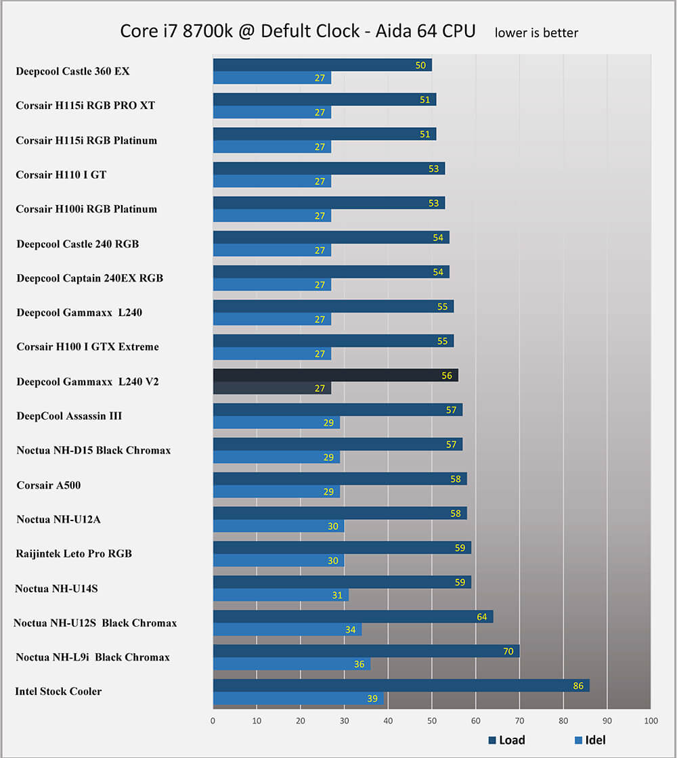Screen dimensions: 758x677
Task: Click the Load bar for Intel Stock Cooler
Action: [401, 686]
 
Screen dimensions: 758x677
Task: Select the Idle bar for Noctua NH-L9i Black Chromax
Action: [291, 664]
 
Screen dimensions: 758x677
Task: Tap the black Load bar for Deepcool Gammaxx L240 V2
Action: [335, 375]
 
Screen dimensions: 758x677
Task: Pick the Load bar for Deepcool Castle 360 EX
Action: [322, 65]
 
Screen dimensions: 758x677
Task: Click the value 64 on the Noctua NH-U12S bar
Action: [481, 617]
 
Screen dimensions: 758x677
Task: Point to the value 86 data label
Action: [577, 686]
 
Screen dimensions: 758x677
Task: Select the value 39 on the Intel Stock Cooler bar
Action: [372, 698]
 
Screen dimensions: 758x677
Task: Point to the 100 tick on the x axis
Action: [651, 721]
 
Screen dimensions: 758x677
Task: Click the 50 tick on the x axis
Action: [432, 721]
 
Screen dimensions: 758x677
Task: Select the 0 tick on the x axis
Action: [213, 721]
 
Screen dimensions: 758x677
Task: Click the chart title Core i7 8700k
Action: [298, 31]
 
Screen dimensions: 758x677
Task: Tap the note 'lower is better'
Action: [536, 32]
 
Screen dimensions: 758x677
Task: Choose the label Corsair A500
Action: [49, 485]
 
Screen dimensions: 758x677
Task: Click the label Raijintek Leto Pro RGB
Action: [74, 554]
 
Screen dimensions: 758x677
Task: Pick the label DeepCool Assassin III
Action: [69, 416]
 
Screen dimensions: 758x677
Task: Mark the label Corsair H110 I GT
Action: [61, 175]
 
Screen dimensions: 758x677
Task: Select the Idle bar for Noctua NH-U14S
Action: [280, 595]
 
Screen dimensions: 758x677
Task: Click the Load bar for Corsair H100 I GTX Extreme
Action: [333, 340]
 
